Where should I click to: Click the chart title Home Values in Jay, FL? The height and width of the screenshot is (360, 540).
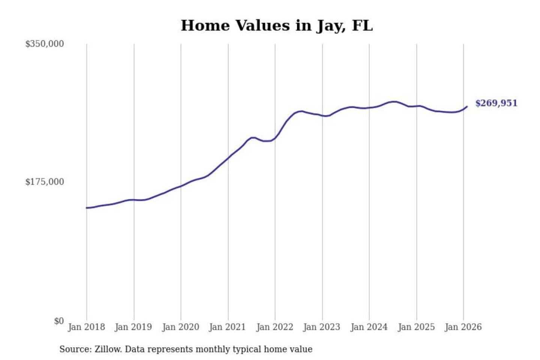pyautogui.click(x=277, y=25)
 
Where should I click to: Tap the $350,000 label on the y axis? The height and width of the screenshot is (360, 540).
pyautogui.click(x=44, y=44)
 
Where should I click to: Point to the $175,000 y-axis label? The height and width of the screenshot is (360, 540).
pyautogui.click(x=44, y=182)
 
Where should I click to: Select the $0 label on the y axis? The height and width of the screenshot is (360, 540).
pyautogui.click(x=59, y=321)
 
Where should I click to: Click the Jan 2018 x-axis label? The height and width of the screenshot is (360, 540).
pyautogui.click(x=86, y=327)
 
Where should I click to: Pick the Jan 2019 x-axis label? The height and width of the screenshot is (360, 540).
pyautogui.click(x=133, y=327)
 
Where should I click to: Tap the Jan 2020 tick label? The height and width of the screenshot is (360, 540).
pyautogui.click(x=180, y=327)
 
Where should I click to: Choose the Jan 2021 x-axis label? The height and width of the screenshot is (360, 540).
pyautogui.click(x=227, y=327)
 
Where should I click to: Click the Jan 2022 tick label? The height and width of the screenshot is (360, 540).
pyautogui.click(x=274, y=327)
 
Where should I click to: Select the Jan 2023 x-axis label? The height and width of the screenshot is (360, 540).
pyautogui.click(x=321, y=327)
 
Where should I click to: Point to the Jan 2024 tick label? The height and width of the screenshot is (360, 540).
pyautogui.click(x=369, y=327)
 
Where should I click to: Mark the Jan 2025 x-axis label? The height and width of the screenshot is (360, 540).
pyautogui.click(x=416, y=327)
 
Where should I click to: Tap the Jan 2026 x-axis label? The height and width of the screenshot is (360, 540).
pyautogui.click(x=463, y=327)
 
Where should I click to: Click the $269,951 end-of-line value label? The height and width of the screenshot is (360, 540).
pyautogui.click(x=496, y=103)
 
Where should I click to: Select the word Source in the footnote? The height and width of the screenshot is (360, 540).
pyautogui.click(x=75, y=349)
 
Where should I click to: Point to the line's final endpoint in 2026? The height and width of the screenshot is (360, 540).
pyautogui.click(x=467, y=106)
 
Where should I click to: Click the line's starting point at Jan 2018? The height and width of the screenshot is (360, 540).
pyautogui.click(x=87, y=208)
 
